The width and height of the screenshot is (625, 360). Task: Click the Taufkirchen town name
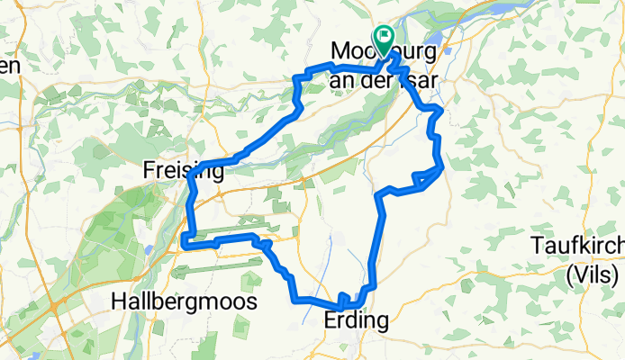[x=577, y=246]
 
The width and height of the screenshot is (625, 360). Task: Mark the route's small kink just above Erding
[x=343, y=296]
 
